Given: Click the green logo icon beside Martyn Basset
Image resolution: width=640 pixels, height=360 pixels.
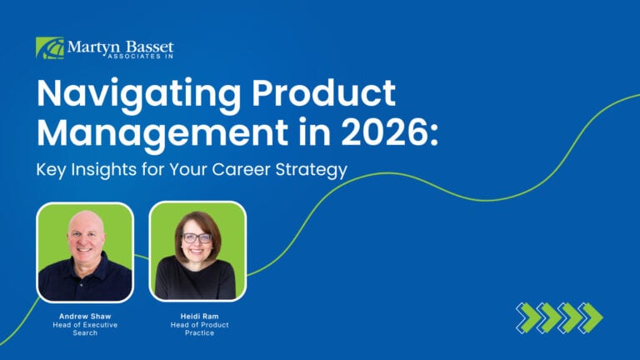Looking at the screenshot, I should [x=49, y=47].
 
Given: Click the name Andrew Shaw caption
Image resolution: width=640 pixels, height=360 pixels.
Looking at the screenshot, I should [x=85, y=317].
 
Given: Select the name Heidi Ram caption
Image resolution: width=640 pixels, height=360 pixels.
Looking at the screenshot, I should [x=197, y=317].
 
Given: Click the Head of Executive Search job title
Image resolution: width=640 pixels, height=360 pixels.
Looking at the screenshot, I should [x=85, y=328].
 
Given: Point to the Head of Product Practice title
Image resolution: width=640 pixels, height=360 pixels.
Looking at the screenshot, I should [x=197, y=328].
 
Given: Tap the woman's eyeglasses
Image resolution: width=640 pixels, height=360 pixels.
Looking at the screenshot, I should [x=197, y=237].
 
